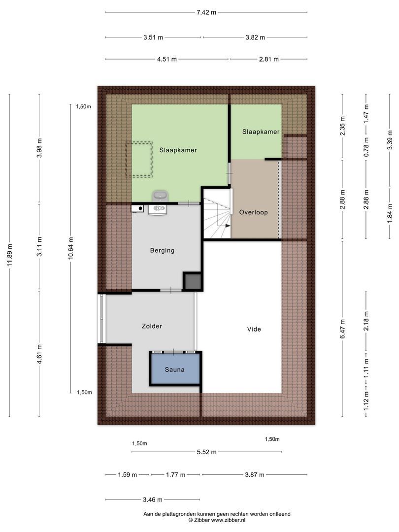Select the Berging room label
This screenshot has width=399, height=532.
click(x=162, y=250)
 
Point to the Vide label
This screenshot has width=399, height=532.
click(x=254, y=329)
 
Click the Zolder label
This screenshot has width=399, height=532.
click(x=152, y=326)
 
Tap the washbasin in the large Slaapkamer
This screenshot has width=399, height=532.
click(x=159, y=196)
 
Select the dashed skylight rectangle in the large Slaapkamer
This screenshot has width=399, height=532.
click(x=139, y=160)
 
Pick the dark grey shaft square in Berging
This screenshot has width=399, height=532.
click(x=192, y=282)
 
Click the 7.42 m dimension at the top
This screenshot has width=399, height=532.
click(x=206, y=12)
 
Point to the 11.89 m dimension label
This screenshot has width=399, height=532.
click(x=9, y=255)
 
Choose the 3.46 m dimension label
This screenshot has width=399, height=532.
click(x=152, y=499)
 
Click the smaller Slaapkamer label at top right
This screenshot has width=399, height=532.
click(x=261, y=132)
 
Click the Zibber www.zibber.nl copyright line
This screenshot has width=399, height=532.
click(x=217, y=520)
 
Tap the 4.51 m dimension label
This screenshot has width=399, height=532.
click(x=167, y=59)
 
